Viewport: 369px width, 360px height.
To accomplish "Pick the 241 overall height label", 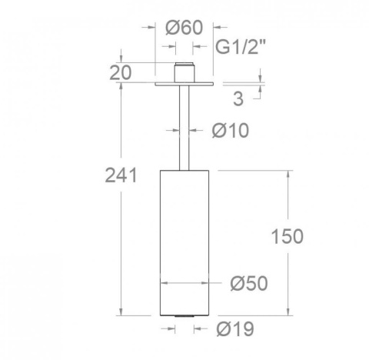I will pos(121,175).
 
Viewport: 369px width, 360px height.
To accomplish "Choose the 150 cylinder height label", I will pos(288,235).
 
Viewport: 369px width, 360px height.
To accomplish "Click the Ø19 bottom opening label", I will pos(234,329).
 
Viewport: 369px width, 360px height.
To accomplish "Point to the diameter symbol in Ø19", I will pos(222,329).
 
